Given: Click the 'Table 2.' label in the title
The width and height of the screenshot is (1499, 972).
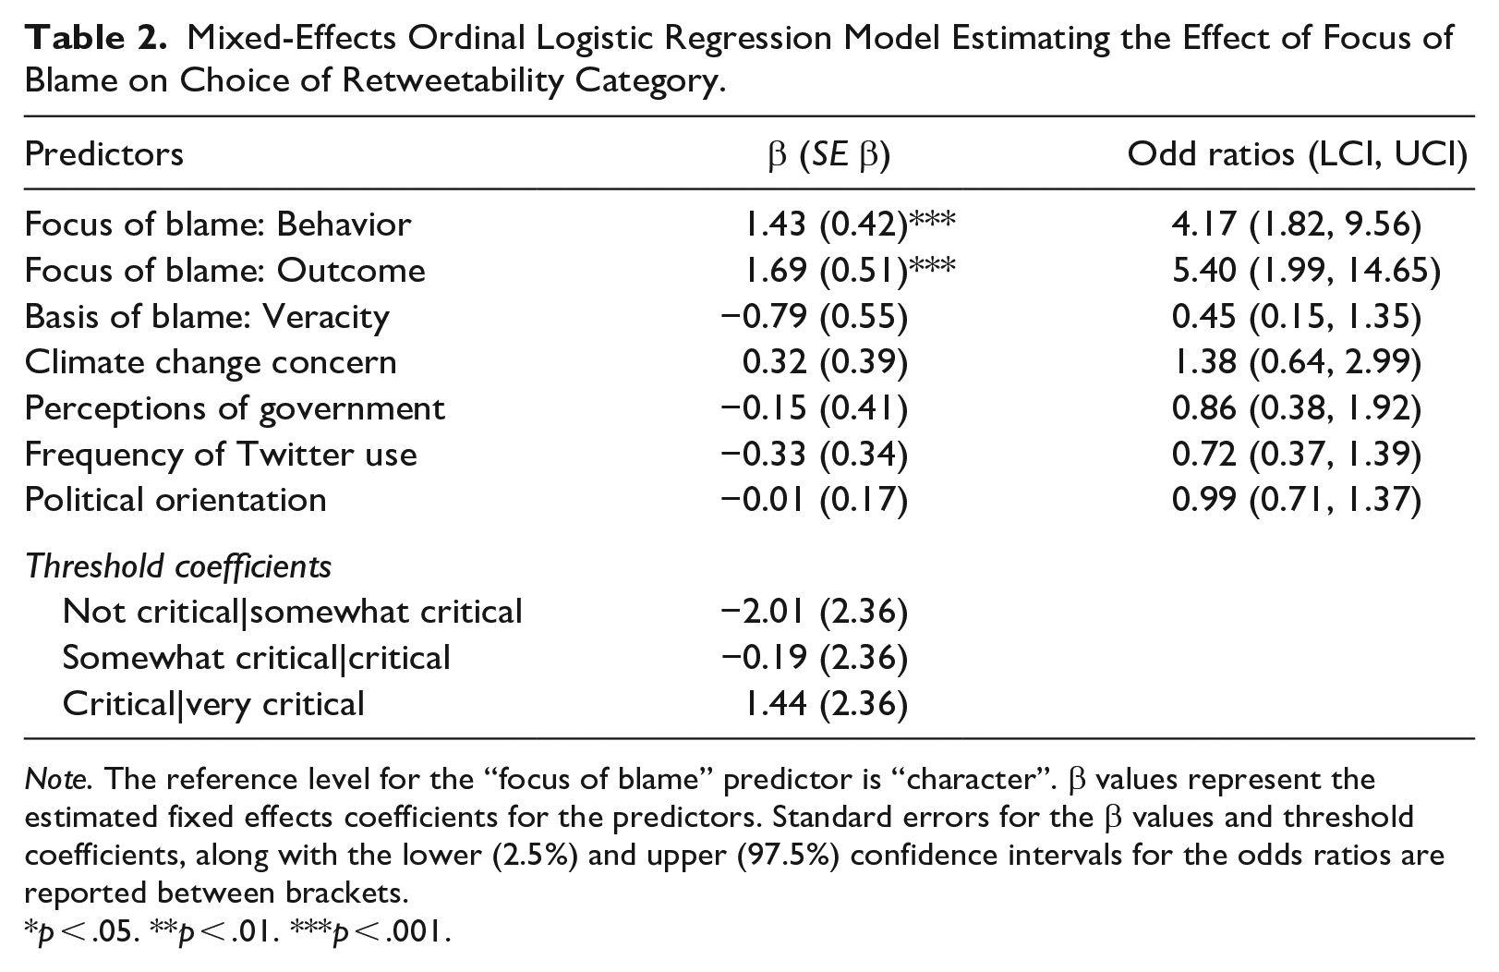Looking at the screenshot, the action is pyautogui.click(x=95, y=38).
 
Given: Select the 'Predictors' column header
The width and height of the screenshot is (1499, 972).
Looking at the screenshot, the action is pyautogui.click(x=103, y=154).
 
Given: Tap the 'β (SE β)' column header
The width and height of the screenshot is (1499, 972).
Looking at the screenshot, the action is pyautogui.click(x=829, y=154).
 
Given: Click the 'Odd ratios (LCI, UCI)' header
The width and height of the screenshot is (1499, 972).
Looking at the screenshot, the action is pyautogui.click(x=1298, y=154).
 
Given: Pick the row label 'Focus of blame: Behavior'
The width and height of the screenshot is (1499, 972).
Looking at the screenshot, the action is pyautogui.click(x=217, y=224).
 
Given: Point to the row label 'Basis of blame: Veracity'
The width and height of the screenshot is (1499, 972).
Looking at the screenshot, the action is pyautogui.click(x=207, y=316).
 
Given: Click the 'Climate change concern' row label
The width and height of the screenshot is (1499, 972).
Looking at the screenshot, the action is pyautogui.click(x=211, y=362).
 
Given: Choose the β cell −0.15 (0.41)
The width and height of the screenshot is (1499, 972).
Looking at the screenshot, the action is pyautogui.click(x=814, y=408).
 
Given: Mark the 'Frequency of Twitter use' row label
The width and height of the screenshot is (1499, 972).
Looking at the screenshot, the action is pyautogui.click(x=220, y=455).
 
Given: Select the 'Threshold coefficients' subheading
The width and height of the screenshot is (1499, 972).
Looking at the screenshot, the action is pyautogui.click(x=178, y=566).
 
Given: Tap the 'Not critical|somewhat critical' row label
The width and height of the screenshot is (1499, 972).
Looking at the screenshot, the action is pyautogui.click(x=292, y=612).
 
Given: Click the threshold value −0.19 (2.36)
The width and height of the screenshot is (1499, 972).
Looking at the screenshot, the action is pyautogui.click(x=814, y=658).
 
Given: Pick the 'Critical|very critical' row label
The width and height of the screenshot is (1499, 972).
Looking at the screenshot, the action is pyautogui.click(x=212, y=704).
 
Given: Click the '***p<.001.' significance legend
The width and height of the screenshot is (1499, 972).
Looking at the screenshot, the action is pyautogui.click(x=370, y=931).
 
